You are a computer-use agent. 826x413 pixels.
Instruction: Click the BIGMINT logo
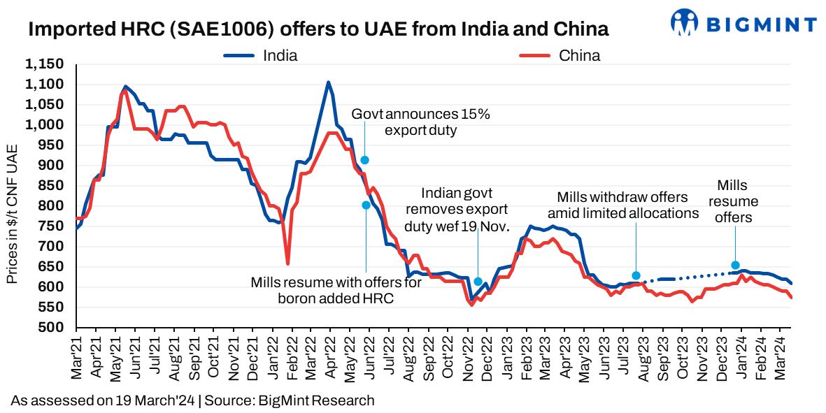tap(743, 22)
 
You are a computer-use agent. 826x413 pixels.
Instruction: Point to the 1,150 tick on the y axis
tap(45, 64)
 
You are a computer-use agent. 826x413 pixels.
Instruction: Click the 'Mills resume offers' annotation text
tap(734, 201)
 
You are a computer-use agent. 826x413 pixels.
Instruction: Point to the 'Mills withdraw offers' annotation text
tap(622, 205)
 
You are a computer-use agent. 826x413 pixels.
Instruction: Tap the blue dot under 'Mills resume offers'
tap(735, 266)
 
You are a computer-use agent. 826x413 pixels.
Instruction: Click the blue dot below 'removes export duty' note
tap(478, 282)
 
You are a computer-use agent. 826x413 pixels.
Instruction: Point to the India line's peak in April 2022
tap(328, 82)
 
